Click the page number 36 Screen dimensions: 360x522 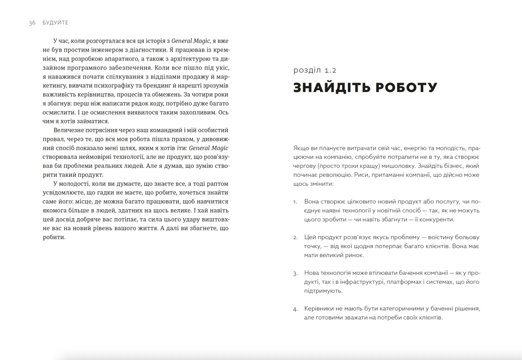[x=32, y=23]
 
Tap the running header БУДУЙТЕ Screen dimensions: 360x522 [x=55, y=23]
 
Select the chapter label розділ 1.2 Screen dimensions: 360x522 [x=315, y=70]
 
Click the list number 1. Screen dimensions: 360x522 [x=295, y=202]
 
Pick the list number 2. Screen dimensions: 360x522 [x=296, y=238]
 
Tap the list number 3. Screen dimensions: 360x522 [x=296, y=273]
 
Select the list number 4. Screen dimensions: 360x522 [x=296, y=309]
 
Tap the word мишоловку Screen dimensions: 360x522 [x=398, y=166]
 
